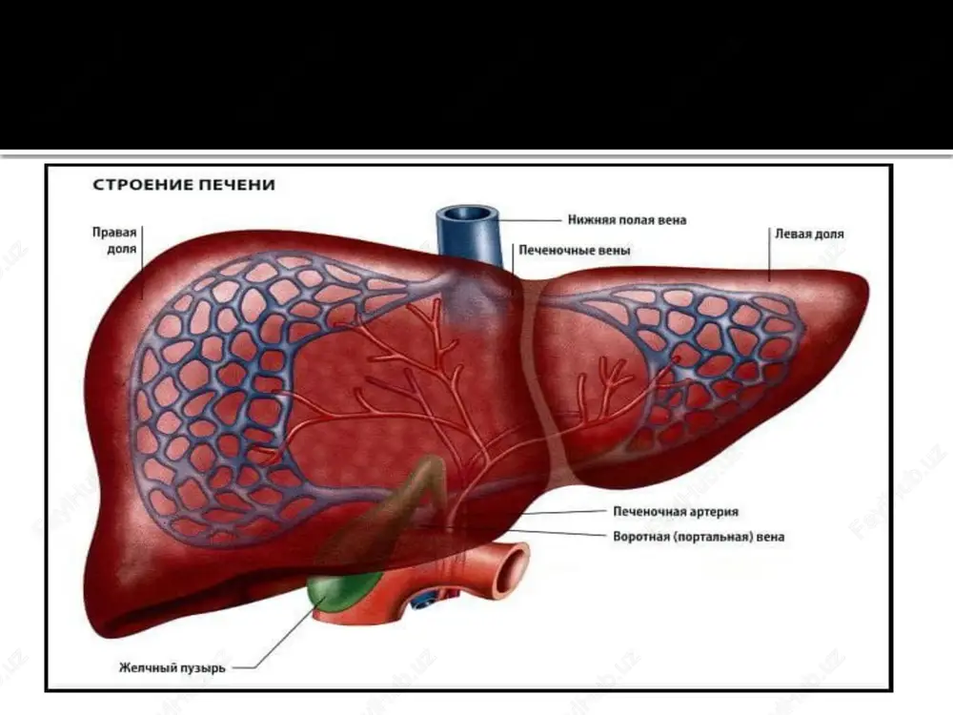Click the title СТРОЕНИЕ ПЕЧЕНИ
coord(184,184)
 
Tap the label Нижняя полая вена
coord(627,219)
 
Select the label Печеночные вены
coord(575,250)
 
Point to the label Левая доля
coord(809,234)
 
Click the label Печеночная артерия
coord(676,511)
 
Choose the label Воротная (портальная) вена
coord(699,537)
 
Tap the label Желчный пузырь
coord(172,667)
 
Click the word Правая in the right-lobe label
coord(114,233)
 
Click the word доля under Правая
coord(122,249)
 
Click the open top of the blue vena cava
coord(467,214)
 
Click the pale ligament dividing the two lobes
coord(543,377)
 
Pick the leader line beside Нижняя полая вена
coord(529,219)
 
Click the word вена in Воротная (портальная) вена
coord(770,537)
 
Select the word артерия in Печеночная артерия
coord(711,512)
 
